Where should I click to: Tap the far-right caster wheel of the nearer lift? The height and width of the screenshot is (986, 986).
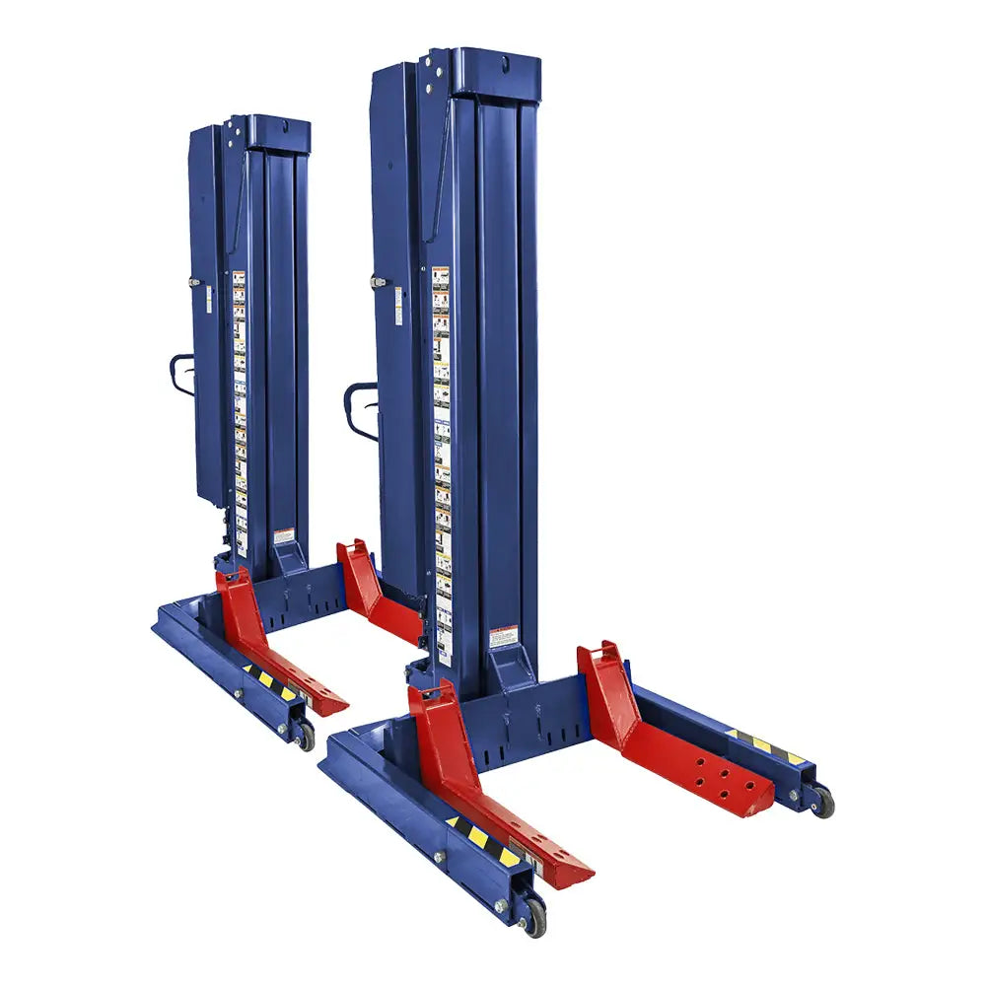tap(821, 801)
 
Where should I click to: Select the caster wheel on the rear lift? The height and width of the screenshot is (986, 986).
tap(306, 734)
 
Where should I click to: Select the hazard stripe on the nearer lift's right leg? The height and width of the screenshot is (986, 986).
tap(764, 745)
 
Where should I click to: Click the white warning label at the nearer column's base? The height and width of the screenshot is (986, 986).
tap(502, 636)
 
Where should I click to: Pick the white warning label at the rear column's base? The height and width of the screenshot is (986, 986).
tap(284, 536)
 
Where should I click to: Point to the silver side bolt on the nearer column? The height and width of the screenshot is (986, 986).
tap(377, 282)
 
